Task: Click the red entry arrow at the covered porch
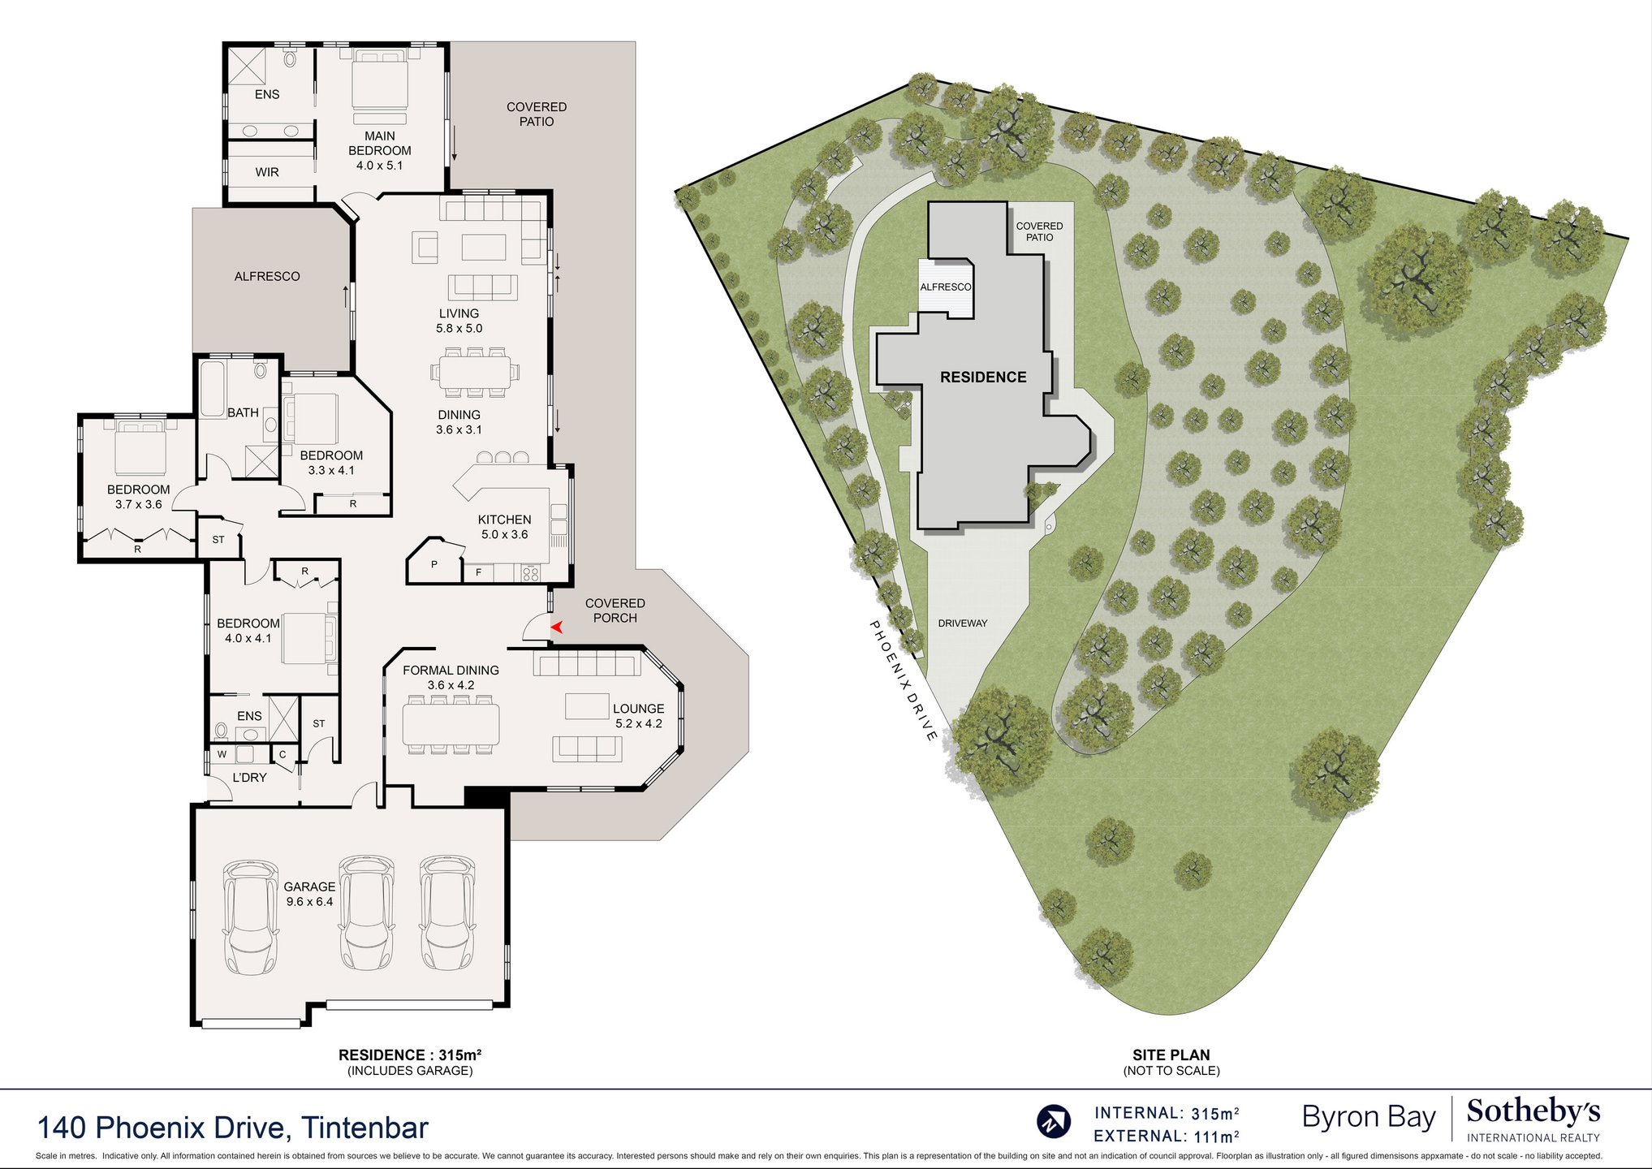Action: pyautogui.click(x=557, y=627)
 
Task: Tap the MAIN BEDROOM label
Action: pyautogui.click(x=380, y=143)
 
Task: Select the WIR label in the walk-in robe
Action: pyautogui.click(x=267, y=172)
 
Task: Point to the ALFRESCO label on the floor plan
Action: pyautogui.click(x=267, y=276)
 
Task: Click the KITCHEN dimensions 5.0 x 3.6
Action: pyautogui.click(x=504, y=534)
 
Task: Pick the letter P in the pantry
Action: pyautogui.click(x=434, y=564)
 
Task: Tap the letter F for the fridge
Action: pyautogui.click(x=479, y=572)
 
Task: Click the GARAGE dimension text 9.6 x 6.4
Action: pyautogui.click(x=309, y=902)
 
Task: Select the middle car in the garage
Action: pyautogui.click(x=366, y=912)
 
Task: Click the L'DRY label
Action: pyautogui.click(x=249, y=777)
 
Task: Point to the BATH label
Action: pyautogui.click(x=243, y=412)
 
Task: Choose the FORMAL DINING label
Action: pyautogui.click(x=451, y=670)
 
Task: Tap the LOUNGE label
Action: pyautogui.click(x=639, y=709)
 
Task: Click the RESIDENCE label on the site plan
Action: pyautogui.click(x=983, y=377)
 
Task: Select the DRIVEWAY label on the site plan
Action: pyautogui.click(x=963, y=623)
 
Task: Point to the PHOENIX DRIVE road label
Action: pyautogui.click(x=904, y=680)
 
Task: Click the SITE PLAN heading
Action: pyautogui.click(x=1171, y=1055)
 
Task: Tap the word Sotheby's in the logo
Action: pyautogui.click(x=1533, y=1111)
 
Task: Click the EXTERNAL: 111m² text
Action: pyautogui.click(x=1167, y=1136)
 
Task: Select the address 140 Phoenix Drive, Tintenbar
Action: pyautogui.click(x=233, y=1128)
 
